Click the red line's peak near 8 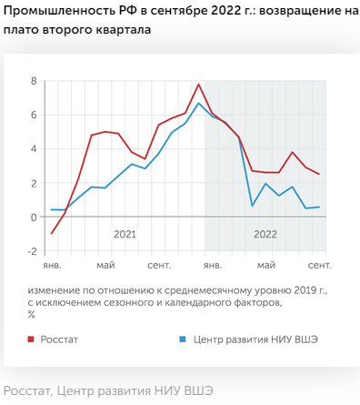pyautogui.click(x=199, y=85)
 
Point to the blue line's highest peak pyautogui.click(x=199, y=103)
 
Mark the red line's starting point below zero pyautogui.click(x=52, y=234)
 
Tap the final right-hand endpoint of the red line pyautogui.click(x=319, y=174)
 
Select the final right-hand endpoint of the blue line pyautogui.click(x=319, y=208)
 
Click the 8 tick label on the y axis pyautogui.click(x=33, y=81)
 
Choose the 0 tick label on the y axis pyautogui.click(x=33, y=218)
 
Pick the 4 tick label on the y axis pyautogui.click(x=33, y=149)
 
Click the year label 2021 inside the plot pyautogui.click(x=125, y=235)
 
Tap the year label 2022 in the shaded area pyautogui.click(x=265, y=235)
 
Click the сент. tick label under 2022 pyautogui.click(x=318, y=266)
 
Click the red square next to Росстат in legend pyautogui.click(x=32, y=339)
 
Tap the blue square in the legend pyautogui.click(x=182, y=339)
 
